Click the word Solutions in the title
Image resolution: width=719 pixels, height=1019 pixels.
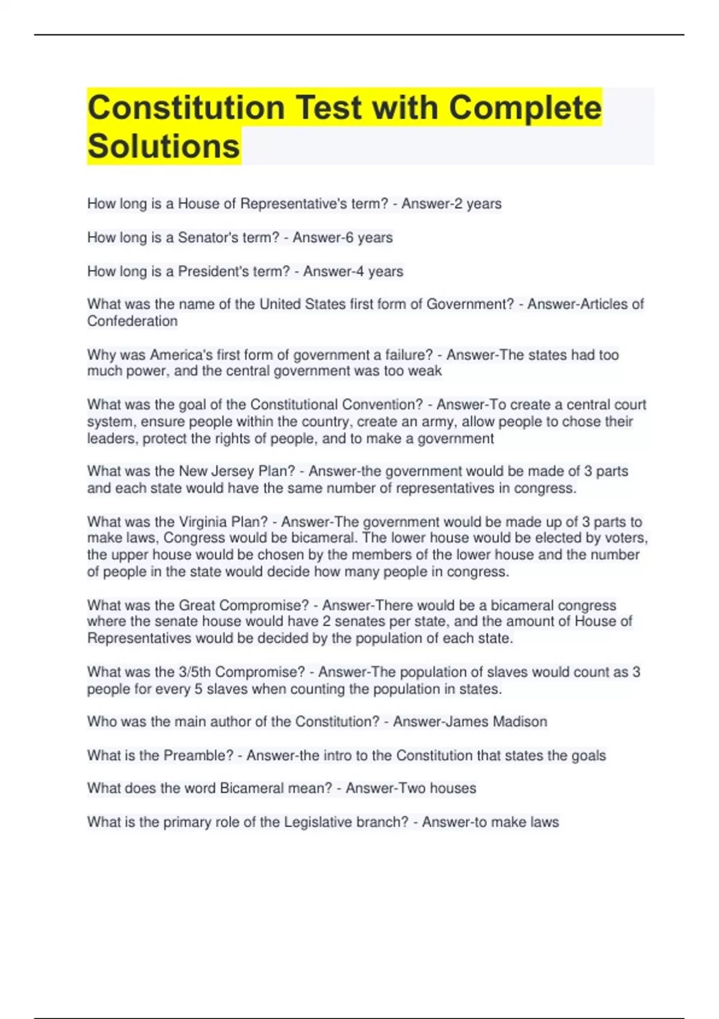click(x=164, y=146)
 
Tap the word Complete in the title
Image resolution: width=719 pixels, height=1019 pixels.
click(x=525, y=108)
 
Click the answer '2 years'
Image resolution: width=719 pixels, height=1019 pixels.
click(x=475, y=204)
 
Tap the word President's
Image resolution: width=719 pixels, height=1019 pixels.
click(x=213, y=272)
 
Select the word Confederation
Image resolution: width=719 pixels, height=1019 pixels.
click(x=132, y=321)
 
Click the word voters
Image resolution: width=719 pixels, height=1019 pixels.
click(x=624, y=538)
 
